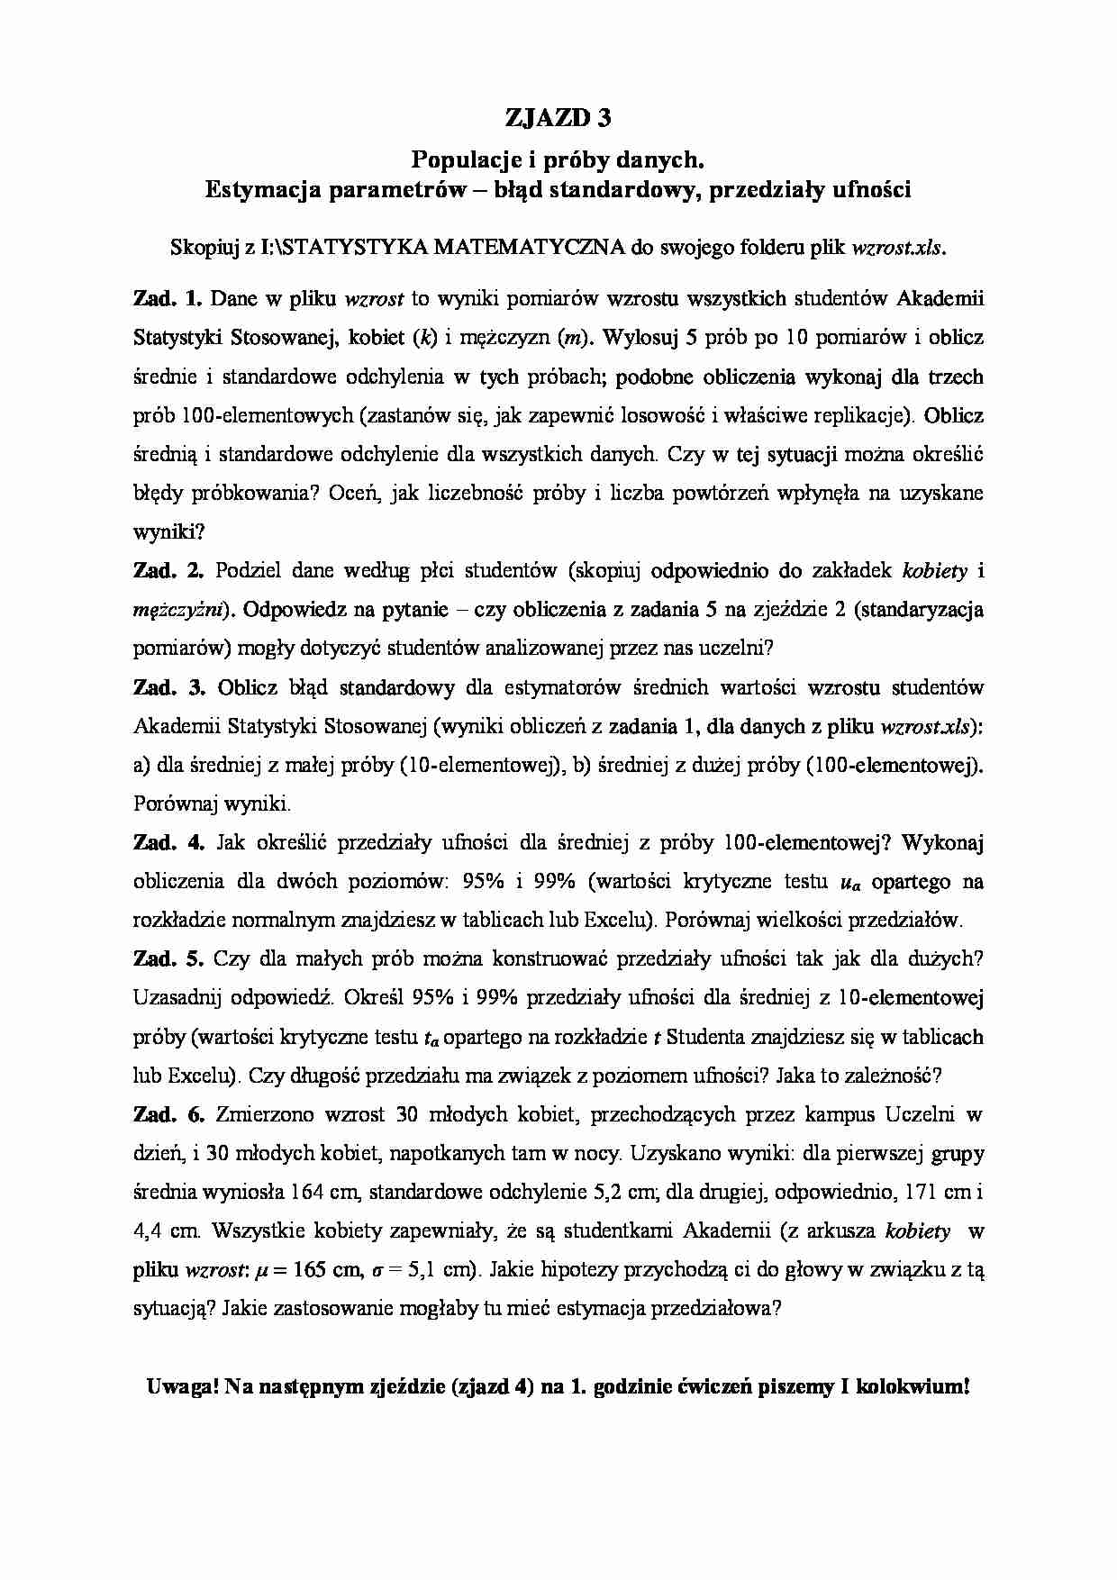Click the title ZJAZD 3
pyautogui.click(x=558, y=117)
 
